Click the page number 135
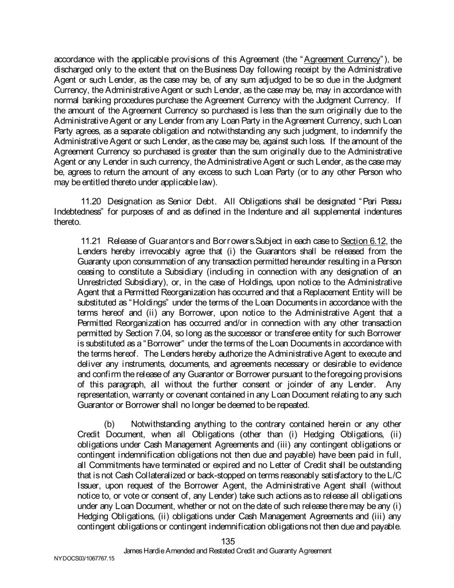(x=228, y=540)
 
